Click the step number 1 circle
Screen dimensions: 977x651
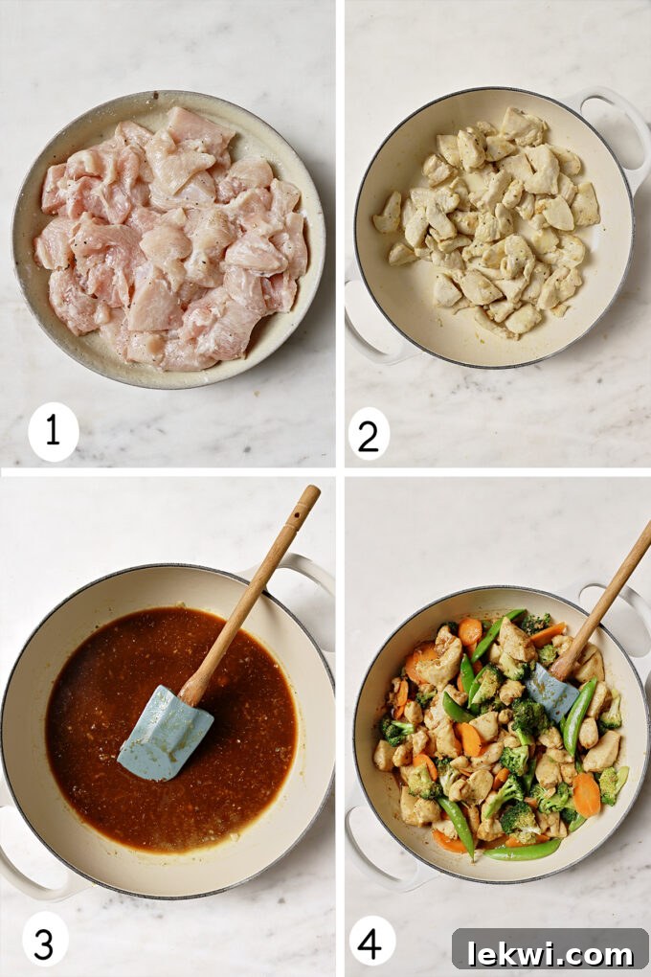53,431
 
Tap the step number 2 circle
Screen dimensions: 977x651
369,433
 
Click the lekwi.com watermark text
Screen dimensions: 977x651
550,951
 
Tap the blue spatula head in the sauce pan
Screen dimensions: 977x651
165,732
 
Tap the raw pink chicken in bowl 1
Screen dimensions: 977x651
172,239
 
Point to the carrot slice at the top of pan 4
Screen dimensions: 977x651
470,631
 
